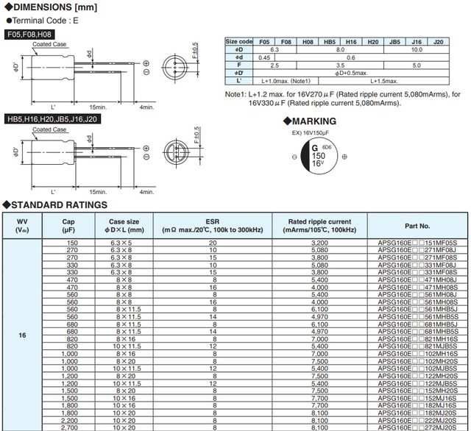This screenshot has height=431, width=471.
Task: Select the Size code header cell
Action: (239, 41)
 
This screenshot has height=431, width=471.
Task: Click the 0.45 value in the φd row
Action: (265, 57)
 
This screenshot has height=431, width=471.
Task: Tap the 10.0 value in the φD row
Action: (416, 49)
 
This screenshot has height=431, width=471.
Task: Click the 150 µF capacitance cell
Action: (72, 242)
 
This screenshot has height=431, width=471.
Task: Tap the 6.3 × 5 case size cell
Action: (124, 242)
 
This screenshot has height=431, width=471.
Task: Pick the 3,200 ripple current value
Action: (319, 242)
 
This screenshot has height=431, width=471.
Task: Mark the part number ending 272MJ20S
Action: (417, 427)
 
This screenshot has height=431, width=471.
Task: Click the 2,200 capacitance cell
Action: (72, 419)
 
